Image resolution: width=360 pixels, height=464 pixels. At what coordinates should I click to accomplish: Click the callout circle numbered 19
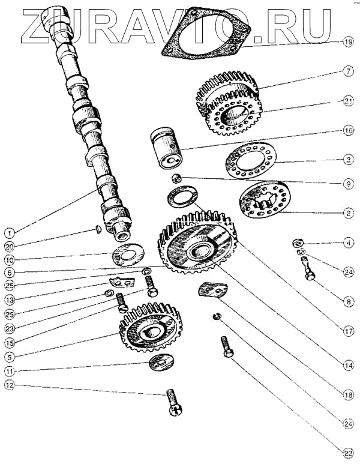click(x=348, y=42)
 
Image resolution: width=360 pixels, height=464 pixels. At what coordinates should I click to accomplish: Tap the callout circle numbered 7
click(x=348, y=71)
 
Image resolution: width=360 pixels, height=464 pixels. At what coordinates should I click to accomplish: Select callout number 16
click(x=348, y=130)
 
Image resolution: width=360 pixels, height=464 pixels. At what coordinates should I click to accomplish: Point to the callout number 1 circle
click(x=10, y=233)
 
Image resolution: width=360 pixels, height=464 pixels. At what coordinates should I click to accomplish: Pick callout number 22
click(x=348, y=453)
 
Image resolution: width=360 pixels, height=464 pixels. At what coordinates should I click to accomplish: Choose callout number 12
click(x=10, y=385)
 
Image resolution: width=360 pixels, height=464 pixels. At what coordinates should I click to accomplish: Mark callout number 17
click(x=348, y=331)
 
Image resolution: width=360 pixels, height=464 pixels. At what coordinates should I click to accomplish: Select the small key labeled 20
click(x=99, y=229)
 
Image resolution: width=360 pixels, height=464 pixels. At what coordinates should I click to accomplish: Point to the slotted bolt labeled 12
click(x=175, y=403)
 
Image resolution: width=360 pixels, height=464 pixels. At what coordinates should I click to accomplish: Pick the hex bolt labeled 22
click(x=227, y=347)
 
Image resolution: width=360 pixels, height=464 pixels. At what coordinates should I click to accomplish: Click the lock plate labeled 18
click(x=212, y=290)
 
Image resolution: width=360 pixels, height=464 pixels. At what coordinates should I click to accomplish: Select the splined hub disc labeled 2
click(x=265, y=200)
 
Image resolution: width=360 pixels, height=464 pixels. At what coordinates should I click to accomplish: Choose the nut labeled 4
click(x=297, y=243)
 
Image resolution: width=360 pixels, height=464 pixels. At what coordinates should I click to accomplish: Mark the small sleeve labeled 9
click(x=176, y=178)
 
